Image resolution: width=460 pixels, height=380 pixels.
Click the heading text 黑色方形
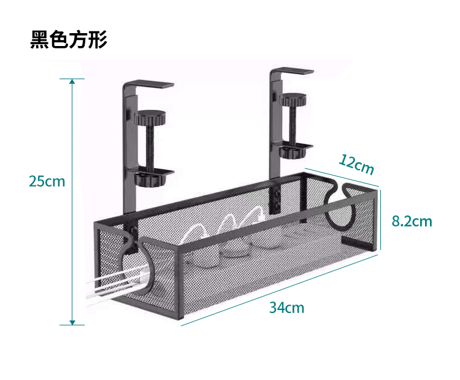click(69, 39)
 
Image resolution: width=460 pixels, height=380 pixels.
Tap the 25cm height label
click(47, 181)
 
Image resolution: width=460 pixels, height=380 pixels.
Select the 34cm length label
click(286, 307)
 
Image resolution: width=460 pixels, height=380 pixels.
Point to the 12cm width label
click(356, 165)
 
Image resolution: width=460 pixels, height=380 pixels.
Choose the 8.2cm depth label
click(412, 221)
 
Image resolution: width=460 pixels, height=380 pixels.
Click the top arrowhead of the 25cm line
click(72, 81)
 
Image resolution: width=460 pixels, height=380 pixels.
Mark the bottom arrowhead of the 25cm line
click(72, 322)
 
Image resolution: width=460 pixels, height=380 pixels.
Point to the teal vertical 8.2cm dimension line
click(381, 219)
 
